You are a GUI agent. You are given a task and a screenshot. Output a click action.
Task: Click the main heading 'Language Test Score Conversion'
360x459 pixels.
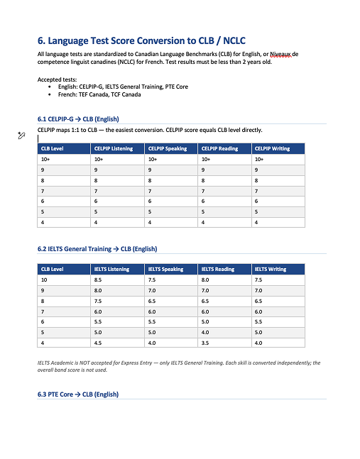142,40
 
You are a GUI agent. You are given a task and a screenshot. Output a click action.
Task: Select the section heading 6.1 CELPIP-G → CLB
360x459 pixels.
78,118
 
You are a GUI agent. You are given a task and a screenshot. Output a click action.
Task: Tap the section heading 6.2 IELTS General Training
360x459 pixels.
97,249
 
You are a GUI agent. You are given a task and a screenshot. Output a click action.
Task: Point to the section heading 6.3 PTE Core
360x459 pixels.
78,394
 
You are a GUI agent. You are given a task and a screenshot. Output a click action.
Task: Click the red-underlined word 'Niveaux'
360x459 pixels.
279,55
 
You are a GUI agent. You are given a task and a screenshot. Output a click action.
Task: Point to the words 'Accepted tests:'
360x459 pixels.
57,79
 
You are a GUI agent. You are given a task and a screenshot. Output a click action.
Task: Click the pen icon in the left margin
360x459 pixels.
21,135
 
